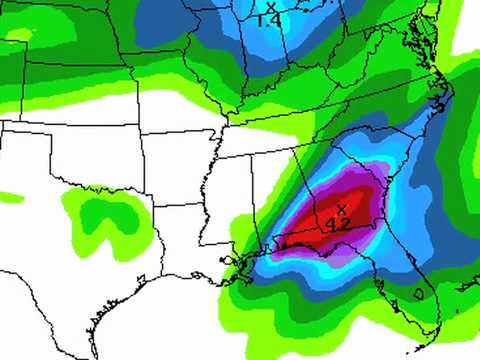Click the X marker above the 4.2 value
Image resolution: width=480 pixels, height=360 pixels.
pyautogui.click(x=342, y=209)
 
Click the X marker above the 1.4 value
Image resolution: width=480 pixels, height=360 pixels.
pyautogui.click(x=270, y=8)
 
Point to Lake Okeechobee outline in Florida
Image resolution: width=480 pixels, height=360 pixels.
pyautogui.click(x=418, y=296)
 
